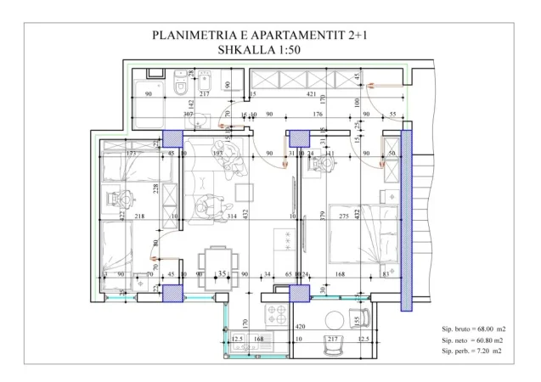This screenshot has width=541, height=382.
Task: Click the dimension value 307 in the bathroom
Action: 189,114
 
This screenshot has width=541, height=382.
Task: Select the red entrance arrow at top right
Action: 390,84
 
